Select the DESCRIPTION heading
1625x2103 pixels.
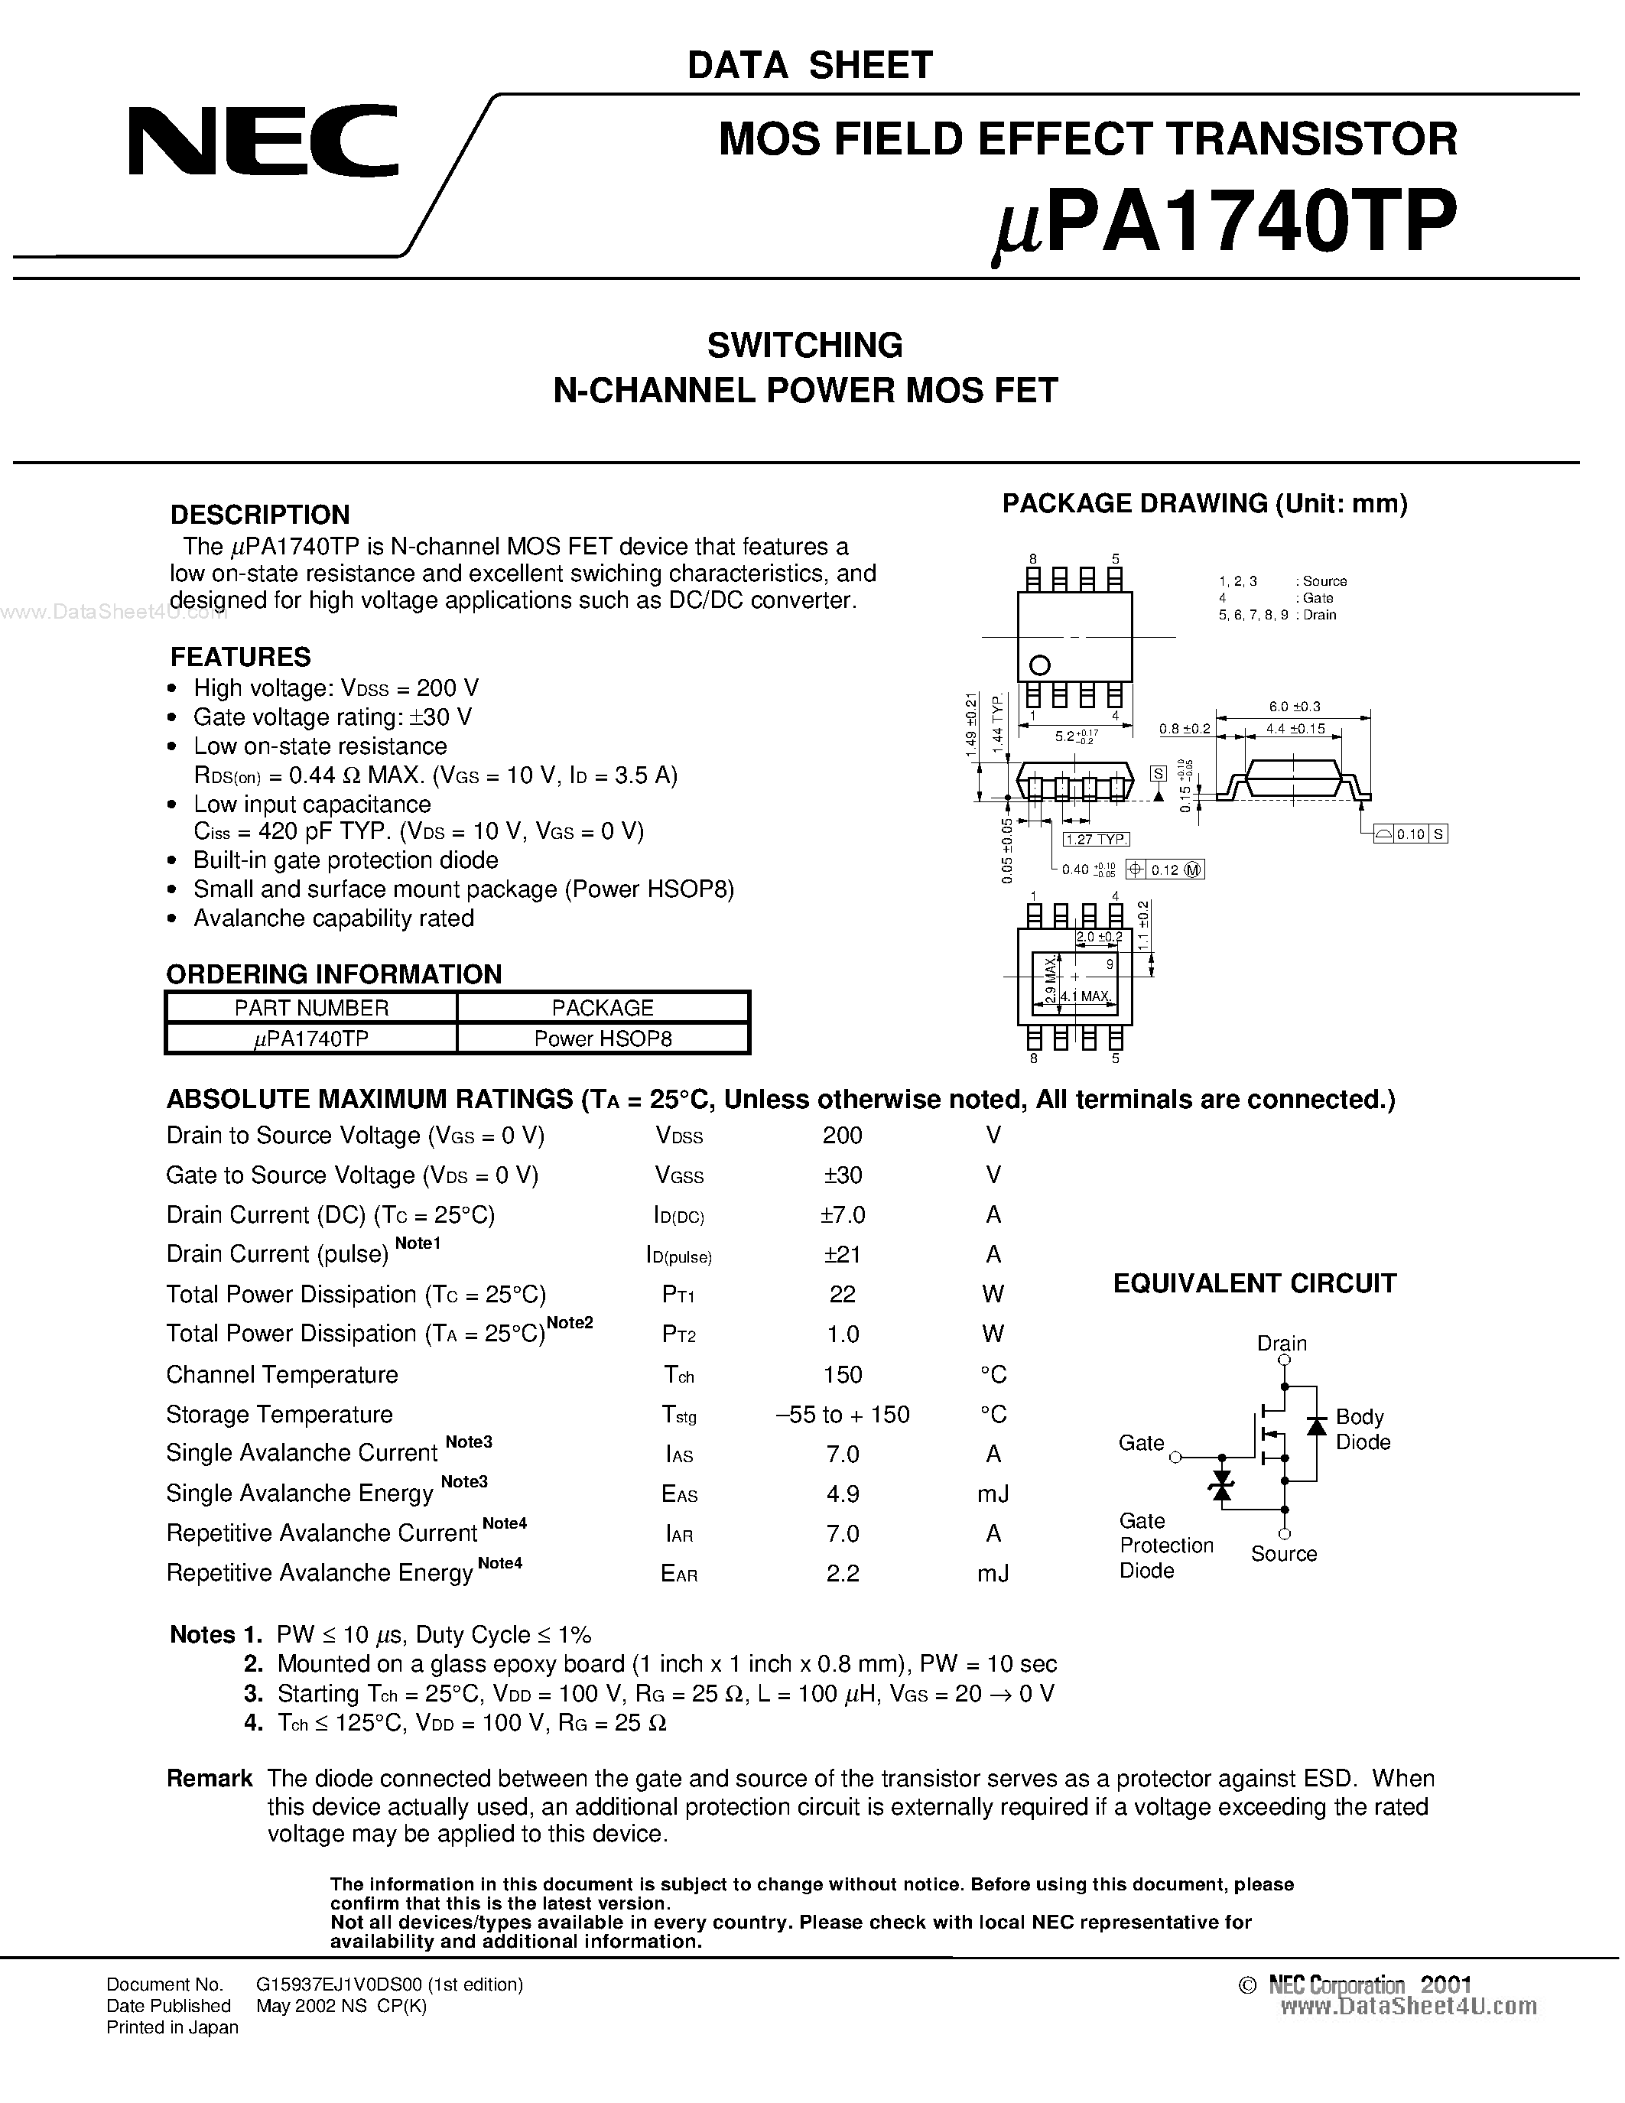click(259, 514)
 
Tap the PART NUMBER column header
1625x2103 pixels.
click(311, 1007)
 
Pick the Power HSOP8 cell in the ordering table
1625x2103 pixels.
click(603, 1038)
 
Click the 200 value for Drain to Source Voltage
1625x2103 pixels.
click(843, 1136)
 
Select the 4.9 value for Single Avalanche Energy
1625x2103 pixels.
click(843, 1494)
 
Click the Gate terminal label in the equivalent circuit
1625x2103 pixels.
click(1141, 1442)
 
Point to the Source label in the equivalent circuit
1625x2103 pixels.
click(1283, 1553)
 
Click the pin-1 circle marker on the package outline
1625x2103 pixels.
click(1040, 665)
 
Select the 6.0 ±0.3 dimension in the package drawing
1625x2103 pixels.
click(1294, 706)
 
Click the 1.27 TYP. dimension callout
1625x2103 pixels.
click(1096, 840)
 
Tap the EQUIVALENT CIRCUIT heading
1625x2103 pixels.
click(1254, 1282)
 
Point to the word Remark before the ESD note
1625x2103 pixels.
click(209, 1779)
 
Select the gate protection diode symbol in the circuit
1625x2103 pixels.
click(1222, 1485)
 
